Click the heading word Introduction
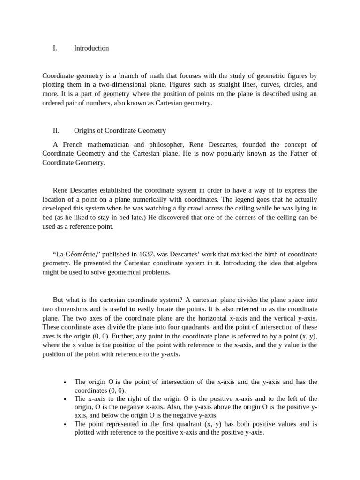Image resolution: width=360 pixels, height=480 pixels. [x=91, y=48]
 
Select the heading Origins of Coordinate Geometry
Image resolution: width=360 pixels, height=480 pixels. [x=120, y=131]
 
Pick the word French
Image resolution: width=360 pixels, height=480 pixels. [x=72, y=144]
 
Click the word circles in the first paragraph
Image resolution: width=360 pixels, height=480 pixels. [x=280, y=85]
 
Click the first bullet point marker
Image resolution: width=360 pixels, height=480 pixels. [x=64, y=382]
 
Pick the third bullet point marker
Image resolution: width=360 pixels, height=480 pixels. [x=64, y=424]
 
